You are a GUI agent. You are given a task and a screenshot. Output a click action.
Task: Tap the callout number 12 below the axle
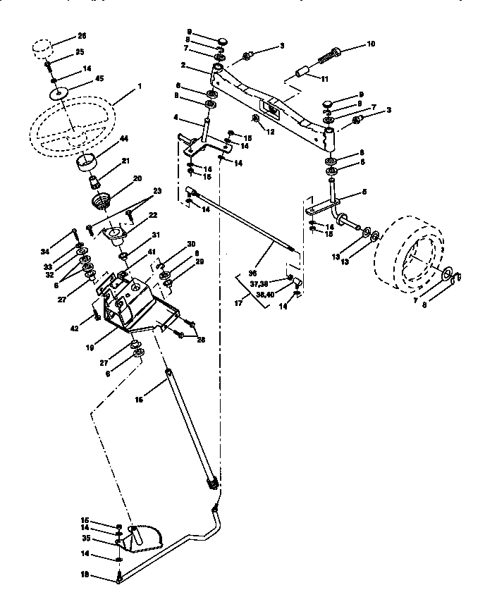pos(270,132)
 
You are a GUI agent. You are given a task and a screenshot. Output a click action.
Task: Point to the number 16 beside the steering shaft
pos(138,399)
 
